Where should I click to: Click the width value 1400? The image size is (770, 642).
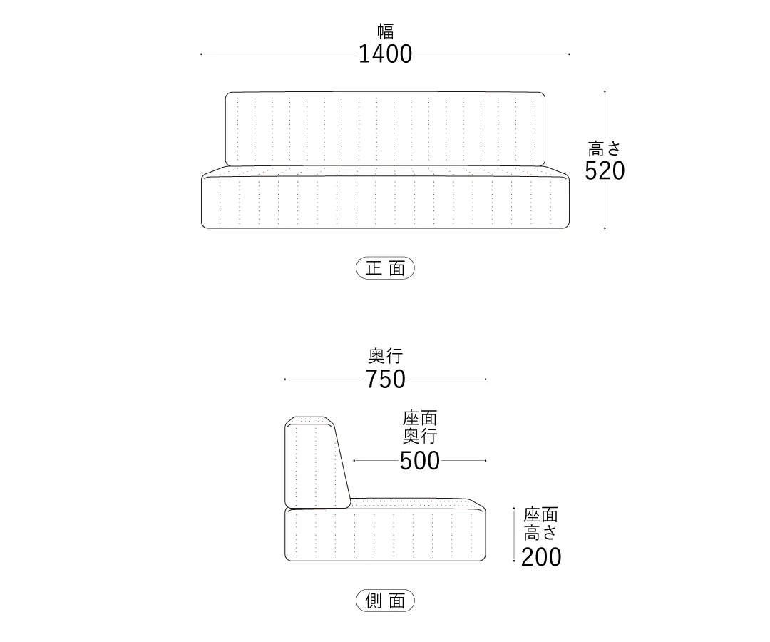click(x=386, y=54)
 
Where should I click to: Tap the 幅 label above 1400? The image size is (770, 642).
click(x=386, y=31)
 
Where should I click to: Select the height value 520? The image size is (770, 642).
click(x=605, y=170)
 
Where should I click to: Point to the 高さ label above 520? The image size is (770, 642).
click(x=605, y=148)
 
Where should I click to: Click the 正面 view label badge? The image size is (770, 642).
click(x=386, y=268)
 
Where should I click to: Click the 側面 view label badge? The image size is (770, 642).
click(x=386, y=600)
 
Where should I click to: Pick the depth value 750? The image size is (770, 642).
click(x=386, y=379)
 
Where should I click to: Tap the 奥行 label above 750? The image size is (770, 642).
click(x=386, y=355)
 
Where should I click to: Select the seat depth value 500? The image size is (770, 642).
click(x=420, y=461)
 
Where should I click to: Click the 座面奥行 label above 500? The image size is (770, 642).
click(x=420, y=427)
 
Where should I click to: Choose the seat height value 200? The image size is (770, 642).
click(x=540, y=557)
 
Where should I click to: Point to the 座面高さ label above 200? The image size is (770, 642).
click(x=540, y=524)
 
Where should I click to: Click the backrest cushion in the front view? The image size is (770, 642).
click(x=386, y=128)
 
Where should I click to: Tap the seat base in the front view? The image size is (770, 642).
click(x=386, y=198)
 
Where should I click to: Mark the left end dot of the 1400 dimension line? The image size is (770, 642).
click(x=201, y=54)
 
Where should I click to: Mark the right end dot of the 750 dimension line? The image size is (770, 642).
click(x=486, y=379)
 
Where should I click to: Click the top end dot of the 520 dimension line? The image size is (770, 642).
click(x=605, y=91)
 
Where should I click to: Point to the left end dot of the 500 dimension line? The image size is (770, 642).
click(x=354, y=461)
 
